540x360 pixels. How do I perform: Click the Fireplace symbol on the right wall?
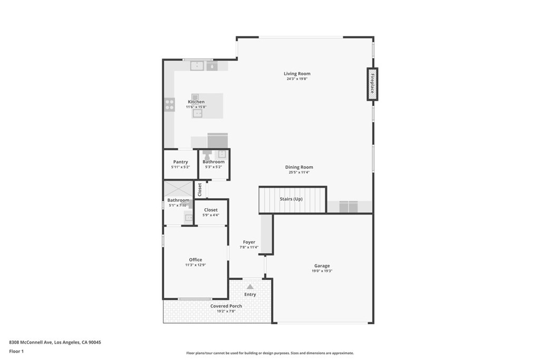tap(372, 84)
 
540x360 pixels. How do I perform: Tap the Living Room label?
tap(297, 73)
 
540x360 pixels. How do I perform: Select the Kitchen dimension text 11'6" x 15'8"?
tap(196, 107)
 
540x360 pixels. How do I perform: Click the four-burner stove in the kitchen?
tap(169, 104)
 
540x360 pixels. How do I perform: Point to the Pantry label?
tap(180, 162)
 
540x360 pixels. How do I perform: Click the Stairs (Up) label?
tap(291, 199)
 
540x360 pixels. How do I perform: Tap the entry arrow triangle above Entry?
tap(250, 286)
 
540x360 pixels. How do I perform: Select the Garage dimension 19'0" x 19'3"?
tap(322, 271)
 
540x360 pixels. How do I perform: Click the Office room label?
tap(196, 259)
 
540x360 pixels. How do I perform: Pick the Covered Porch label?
tap(226, 306)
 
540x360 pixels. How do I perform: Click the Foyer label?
tap(249, 242)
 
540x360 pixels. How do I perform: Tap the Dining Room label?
tap(299, 167)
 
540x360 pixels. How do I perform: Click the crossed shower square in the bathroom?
tap(178, 189)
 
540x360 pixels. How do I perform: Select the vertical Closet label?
tap(200, 190)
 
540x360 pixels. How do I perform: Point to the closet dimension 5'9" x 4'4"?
tap(211, 215)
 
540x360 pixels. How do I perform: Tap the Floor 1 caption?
tap(16, 352)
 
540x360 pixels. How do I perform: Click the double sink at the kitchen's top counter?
tap(197, 65)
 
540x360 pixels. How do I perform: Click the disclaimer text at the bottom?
tap(270, 353)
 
